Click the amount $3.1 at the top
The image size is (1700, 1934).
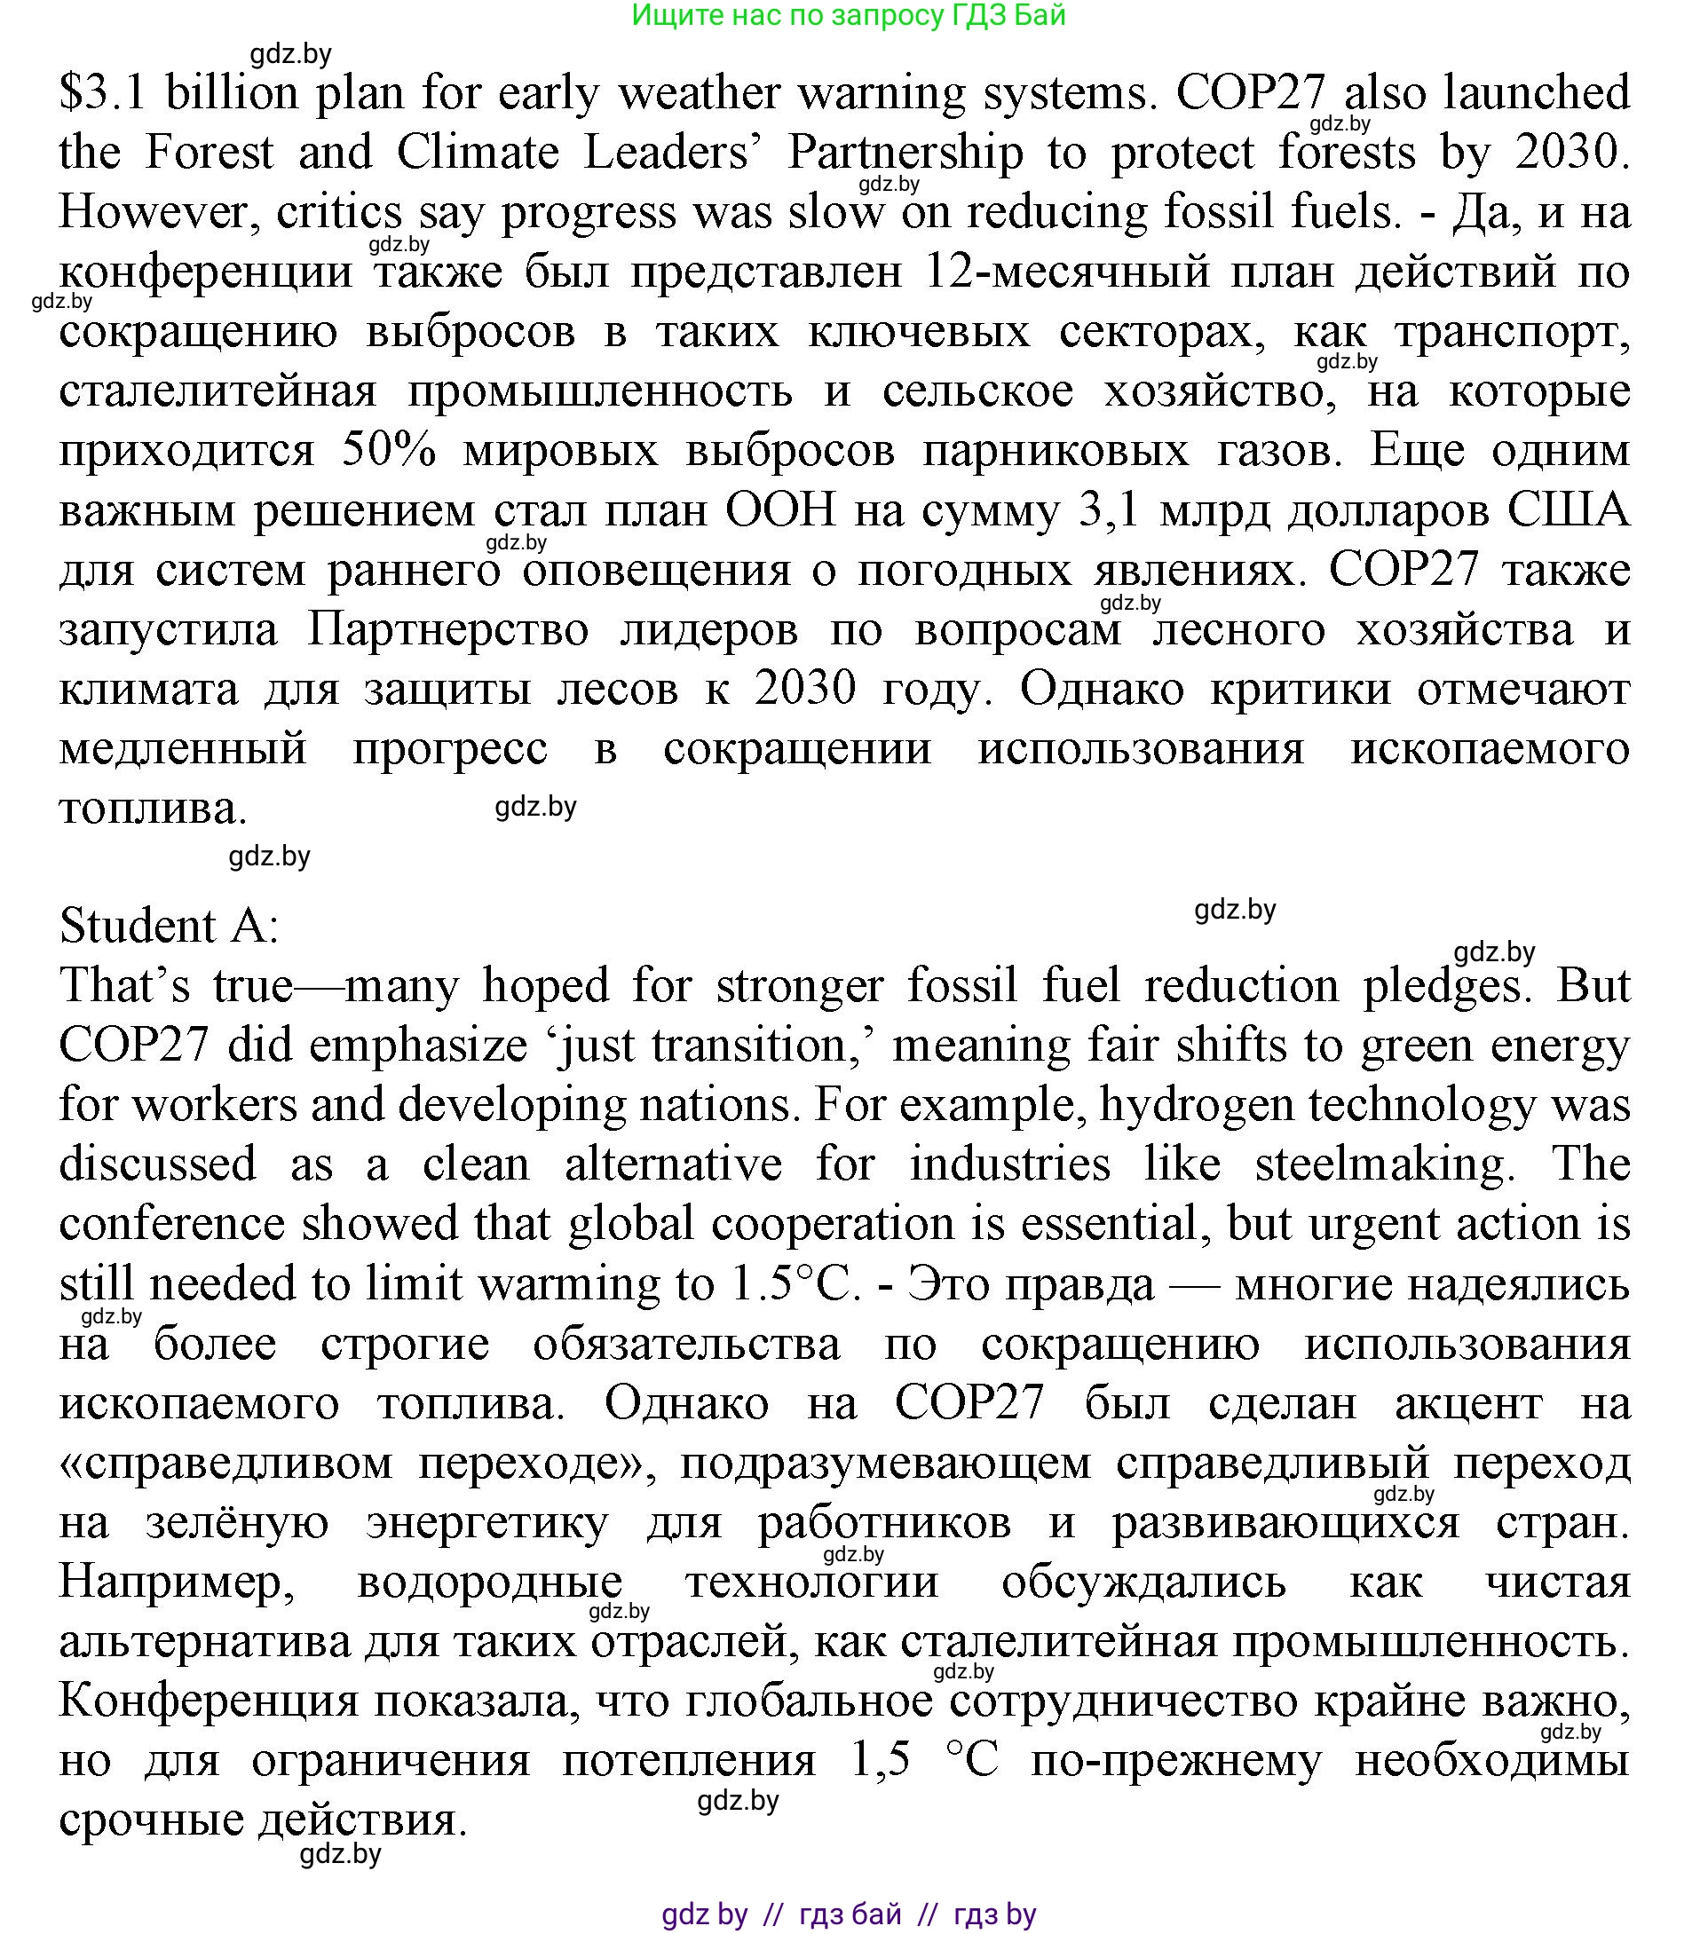102,92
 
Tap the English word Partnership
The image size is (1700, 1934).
905,153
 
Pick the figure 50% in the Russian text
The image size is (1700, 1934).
388,450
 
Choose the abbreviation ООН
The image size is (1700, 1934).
782,511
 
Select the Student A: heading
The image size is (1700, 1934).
170,926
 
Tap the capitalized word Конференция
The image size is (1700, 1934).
210,1701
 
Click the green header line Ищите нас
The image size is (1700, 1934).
848,15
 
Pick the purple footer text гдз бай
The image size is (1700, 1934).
850,1914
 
